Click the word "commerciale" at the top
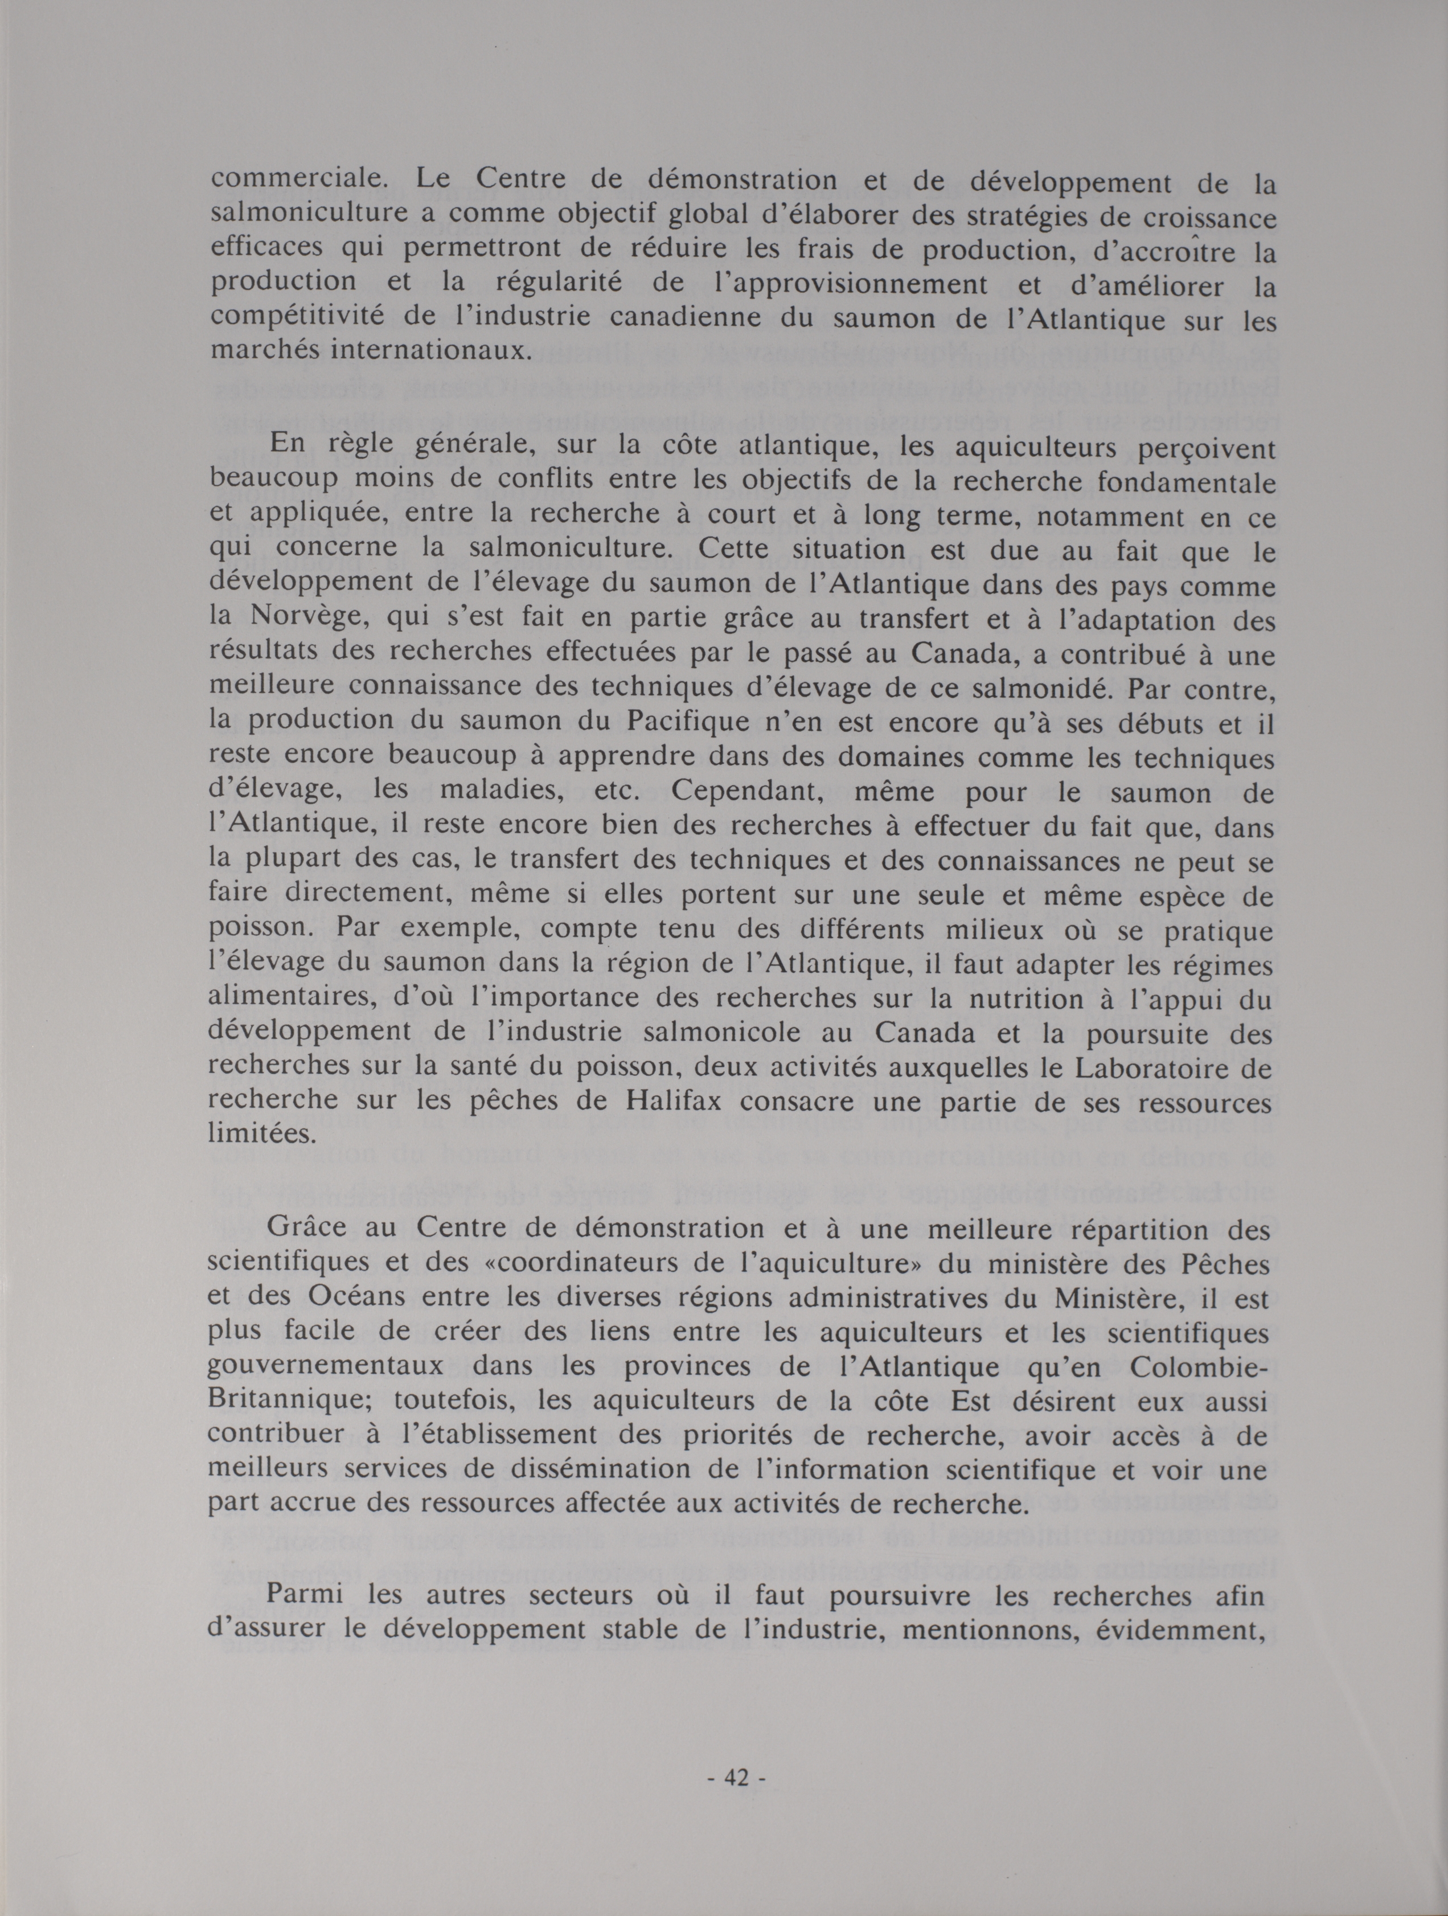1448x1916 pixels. [x=294, y=180]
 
